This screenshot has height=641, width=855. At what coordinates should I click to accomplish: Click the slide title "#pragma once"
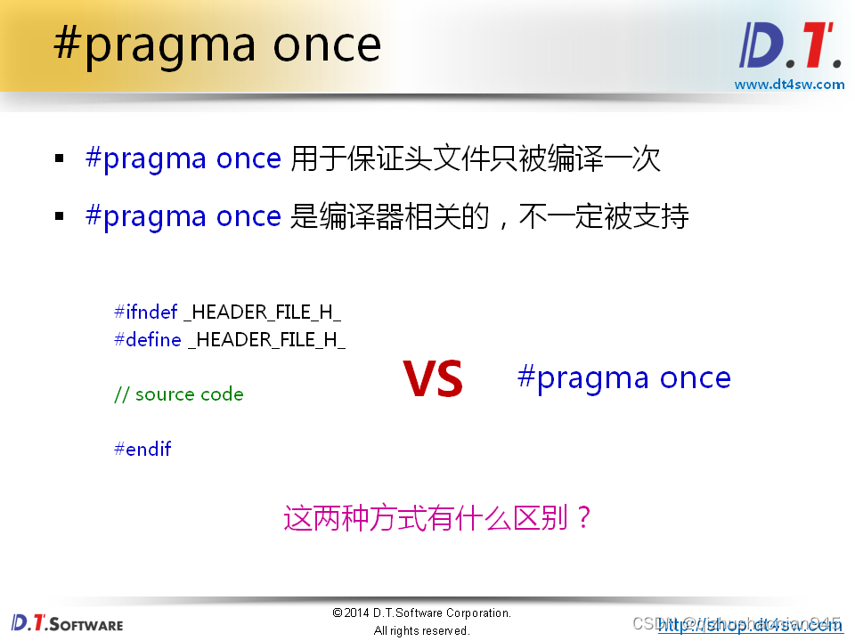click(217, 43)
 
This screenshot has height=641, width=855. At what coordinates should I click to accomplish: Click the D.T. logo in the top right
click(788, 45)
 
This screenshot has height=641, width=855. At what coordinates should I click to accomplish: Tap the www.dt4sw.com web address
click(788, 85)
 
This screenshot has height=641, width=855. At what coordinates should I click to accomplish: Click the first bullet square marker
click(60, 159)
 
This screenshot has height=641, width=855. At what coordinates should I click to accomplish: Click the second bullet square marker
click(60, 216)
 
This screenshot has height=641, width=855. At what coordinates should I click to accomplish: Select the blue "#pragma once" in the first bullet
click(183, 158)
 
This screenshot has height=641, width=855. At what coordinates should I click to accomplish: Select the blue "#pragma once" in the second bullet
click(183, 216)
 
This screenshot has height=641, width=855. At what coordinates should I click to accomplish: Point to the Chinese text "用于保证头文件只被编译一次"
click(476, 158)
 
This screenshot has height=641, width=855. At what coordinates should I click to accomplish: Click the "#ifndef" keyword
click(145, 312)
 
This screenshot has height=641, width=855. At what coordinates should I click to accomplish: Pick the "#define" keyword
click(147, 339)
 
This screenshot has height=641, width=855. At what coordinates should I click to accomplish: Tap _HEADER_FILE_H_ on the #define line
click(266, 339)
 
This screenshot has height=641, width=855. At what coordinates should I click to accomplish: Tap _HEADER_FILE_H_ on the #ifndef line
click(263, 312)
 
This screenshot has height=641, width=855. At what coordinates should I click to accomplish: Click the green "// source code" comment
click(178, 394)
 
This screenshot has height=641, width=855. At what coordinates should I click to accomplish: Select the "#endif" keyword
click(142, 449)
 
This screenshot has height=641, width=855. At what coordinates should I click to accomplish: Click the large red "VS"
click(433, 379)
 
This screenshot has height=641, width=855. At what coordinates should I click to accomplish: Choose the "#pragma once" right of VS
click(623, 377)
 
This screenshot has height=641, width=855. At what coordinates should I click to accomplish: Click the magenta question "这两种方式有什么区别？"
click(438, 517)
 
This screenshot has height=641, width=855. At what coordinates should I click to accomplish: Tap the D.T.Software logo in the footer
click(68, 622)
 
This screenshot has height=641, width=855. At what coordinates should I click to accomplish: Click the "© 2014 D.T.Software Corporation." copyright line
click(421, 613)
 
